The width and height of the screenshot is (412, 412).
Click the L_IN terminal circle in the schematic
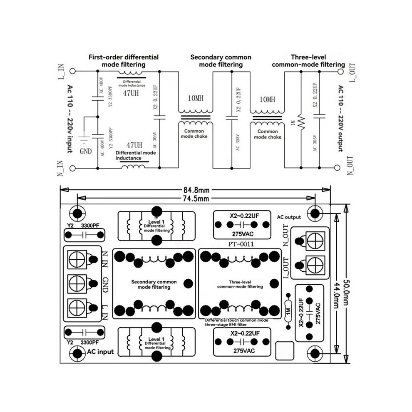coord(72,71)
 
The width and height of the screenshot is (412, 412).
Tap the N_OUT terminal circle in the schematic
coord(337,168)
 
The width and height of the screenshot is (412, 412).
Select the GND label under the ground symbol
coord(86,151)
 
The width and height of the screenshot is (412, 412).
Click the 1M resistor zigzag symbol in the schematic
coord(301,122)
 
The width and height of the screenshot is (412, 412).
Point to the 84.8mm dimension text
coord(196,190)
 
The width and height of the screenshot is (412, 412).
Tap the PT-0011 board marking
coord(241,244)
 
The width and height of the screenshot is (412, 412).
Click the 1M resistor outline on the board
coord(288,311)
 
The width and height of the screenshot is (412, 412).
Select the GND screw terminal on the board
coord(77,283)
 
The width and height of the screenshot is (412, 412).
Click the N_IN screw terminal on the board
coord(77,260)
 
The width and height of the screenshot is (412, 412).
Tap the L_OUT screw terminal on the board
coord(315,265)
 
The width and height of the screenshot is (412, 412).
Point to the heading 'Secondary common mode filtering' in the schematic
coord(221,61)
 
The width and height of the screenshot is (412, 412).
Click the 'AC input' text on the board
coord(100,352)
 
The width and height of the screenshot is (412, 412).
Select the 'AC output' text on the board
coord(289,217)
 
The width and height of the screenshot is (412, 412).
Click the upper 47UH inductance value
coord(131,93)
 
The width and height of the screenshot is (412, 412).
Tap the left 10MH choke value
coord(196,98)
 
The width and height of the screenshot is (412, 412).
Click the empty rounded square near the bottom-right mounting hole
coord(285,351)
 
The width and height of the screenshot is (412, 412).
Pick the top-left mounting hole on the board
coord(77,213)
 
